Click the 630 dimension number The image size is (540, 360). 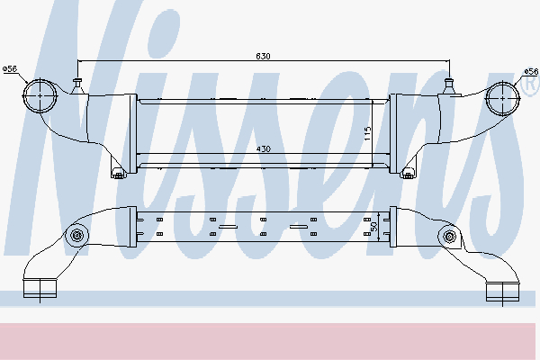click(x=263, y=56)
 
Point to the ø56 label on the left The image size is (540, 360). click(x=11, y=68)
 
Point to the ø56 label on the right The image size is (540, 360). click(x=531, y=68)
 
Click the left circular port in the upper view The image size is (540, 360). click(x=40, y=96)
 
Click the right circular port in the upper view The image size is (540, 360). click(x=500, y=96)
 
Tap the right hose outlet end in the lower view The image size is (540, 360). click(x=500, y=290)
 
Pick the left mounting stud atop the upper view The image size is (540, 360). click(x=78, y=85)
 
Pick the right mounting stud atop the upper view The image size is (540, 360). click(x=449, y=85)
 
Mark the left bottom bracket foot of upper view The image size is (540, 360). click(x=118, y=172)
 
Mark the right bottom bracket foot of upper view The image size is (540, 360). click(x=409, y=172)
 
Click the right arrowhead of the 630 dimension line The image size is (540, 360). click(x=446, y=61)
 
